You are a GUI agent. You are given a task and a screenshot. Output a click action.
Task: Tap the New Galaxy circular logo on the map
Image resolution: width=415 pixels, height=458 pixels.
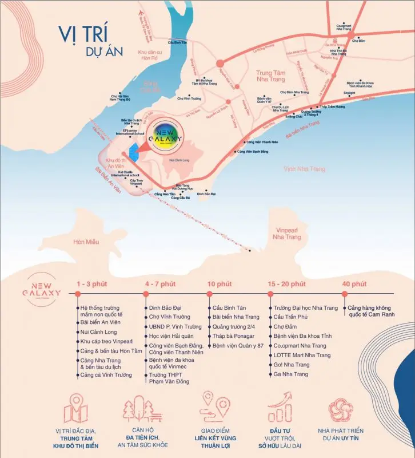point(165,138)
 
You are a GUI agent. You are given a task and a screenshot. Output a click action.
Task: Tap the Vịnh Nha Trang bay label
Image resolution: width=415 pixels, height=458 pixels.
point(304,168)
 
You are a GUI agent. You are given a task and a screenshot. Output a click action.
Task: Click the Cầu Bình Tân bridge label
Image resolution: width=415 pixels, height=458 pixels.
point(178,42)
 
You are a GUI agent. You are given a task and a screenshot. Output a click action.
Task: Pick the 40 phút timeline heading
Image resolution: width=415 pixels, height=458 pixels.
point(354,284)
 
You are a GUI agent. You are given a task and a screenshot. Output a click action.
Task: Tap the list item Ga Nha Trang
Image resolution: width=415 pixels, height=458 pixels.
point(290,374)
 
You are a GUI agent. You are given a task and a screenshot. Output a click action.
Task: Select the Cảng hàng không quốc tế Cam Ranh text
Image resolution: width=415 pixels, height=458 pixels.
point(374,312)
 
